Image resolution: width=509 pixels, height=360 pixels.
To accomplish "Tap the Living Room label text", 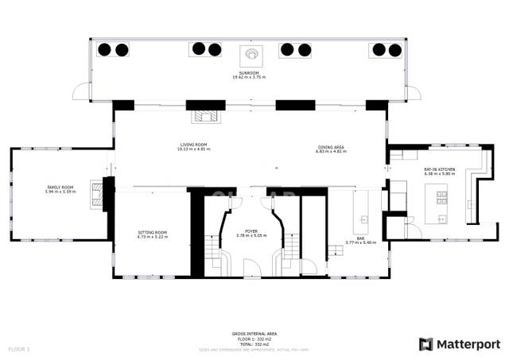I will (x=194, y=147).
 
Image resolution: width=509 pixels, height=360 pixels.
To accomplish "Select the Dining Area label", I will (x=330, y=148).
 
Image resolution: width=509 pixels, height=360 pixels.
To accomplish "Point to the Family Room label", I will (x=60, y=189).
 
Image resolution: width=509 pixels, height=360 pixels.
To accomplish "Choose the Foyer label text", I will (x=251, y=233).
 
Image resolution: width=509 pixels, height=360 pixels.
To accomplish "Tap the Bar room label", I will (x=360, y=241).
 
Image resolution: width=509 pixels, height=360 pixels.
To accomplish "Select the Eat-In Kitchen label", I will (x=439, y=172).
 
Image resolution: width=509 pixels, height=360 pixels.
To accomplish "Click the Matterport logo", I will (x=460, y=343).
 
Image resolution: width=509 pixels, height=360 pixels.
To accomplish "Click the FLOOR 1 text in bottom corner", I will (x=19, y=349).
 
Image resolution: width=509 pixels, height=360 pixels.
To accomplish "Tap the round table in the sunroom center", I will (x=251, y=54).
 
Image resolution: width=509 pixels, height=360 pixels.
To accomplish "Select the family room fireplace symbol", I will (x=98, y=195).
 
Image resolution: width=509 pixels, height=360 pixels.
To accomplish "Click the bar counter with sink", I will (x=362, y=215).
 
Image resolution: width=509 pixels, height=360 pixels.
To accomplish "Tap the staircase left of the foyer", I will (x=213, y=252).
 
